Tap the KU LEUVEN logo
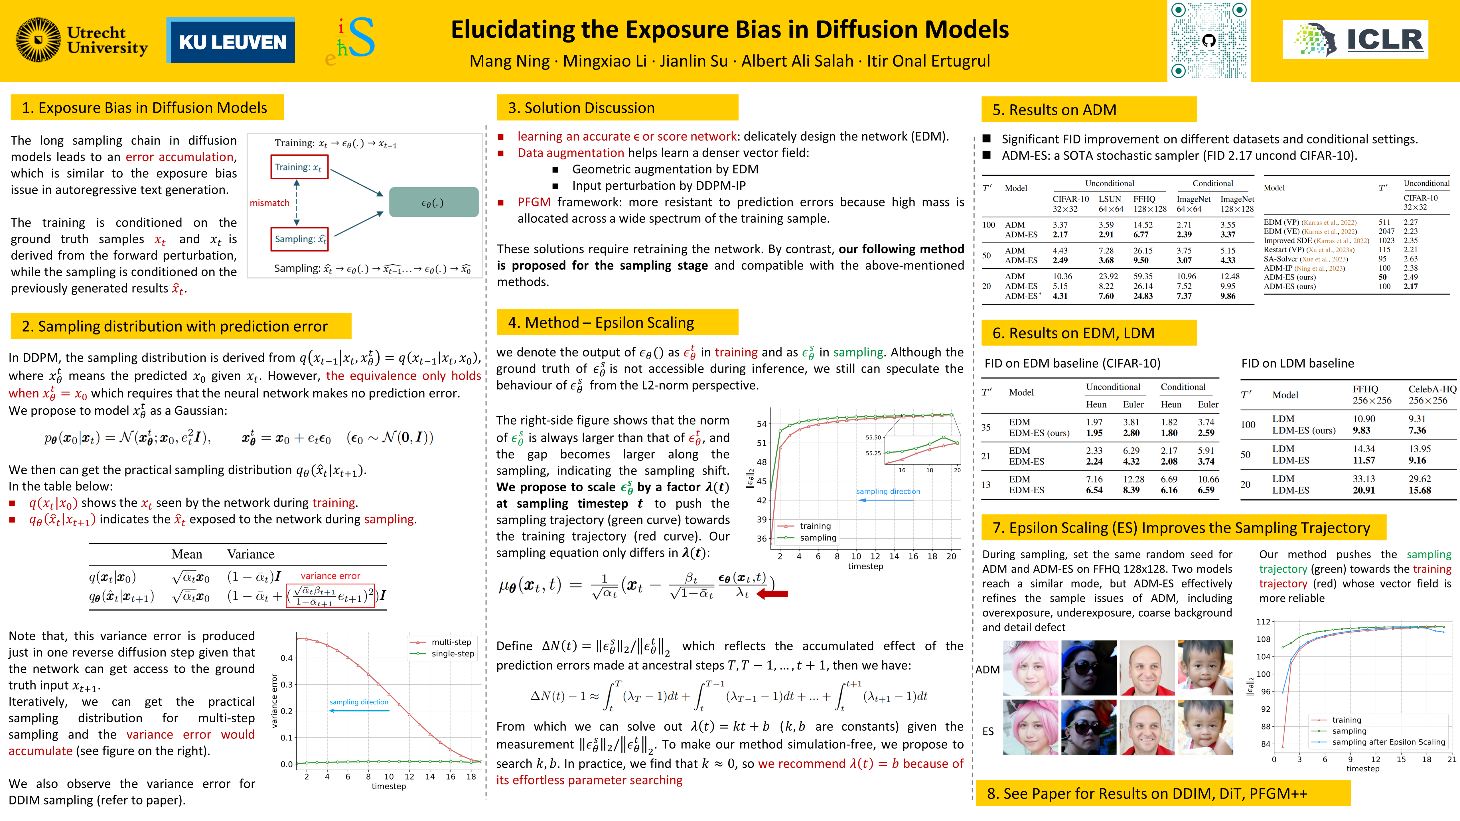(231, 41)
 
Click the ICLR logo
(1355, 40)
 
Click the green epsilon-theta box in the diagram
(433, 202)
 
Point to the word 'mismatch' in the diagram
(270, 203)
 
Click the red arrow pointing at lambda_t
(772, 594)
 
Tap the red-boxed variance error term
(330, 595)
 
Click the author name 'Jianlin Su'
(694, 61)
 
